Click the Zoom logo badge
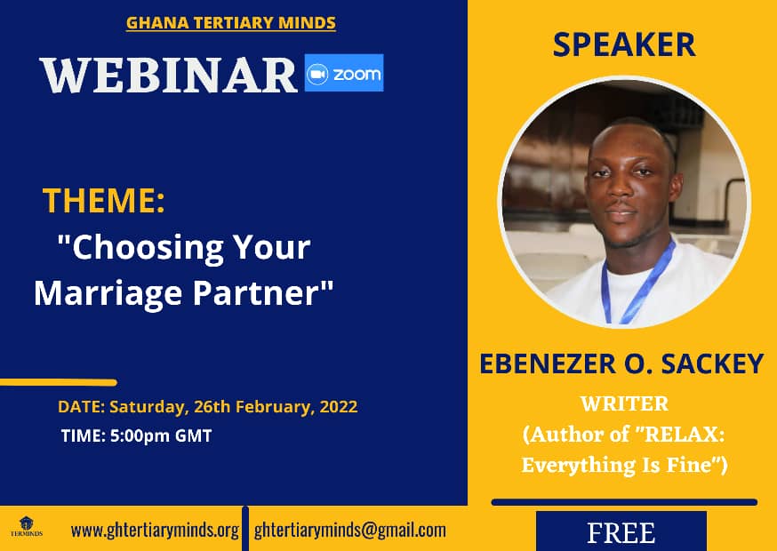pos(344,73)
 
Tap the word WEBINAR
pos(169,76)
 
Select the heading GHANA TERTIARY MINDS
pos(231,23)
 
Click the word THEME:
pos(103,200)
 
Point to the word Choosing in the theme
pos(148,247)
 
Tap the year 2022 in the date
pos(339,406)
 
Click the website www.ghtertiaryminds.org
pos(155,531)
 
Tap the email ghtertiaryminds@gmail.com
pos(350,531)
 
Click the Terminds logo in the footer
pos(27,526)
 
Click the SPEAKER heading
pos(624,44)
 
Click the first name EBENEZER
pos(548,363)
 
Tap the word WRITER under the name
pos(624,403)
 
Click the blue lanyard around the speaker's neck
pos(638,283)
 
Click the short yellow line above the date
pos(59,382)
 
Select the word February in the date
pos(275,407)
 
